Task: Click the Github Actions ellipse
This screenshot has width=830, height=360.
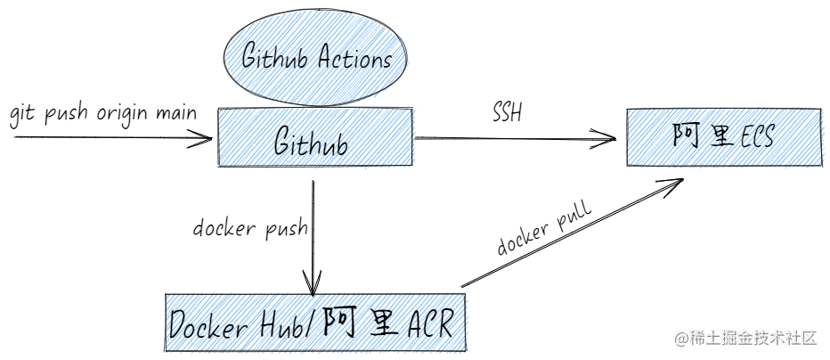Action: [317, 59]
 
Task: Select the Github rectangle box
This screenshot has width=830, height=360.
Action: [316, 138]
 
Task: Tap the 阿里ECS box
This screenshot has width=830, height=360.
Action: [723, 137]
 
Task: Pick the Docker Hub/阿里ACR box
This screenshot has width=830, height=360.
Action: [315, 323]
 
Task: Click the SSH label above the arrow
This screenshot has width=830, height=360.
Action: [507, 113]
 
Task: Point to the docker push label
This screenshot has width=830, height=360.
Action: [250, 228]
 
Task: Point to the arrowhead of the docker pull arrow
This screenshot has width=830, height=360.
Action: [677, 182]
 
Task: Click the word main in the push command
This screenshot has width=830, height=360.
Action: [175, 114]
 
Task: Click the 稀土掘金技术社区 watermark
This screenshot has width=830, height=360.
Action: [745, 338]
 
